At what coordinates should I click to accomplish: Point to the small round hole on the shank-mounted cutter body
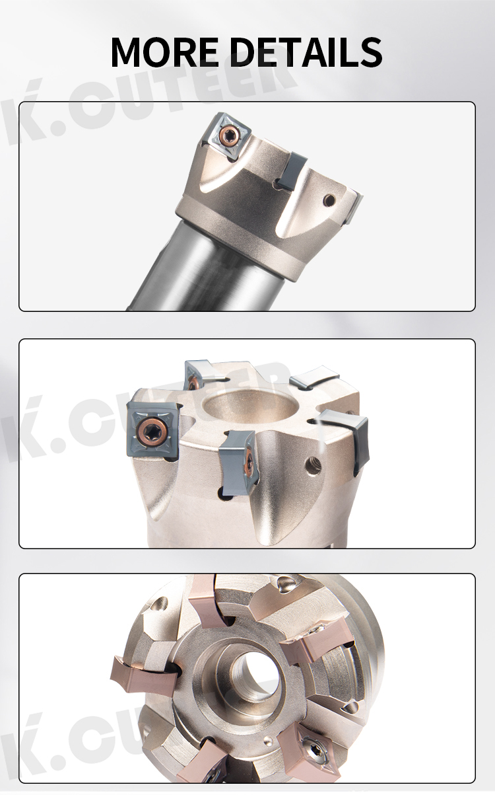pyautogui.click(x=330, y=200)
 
